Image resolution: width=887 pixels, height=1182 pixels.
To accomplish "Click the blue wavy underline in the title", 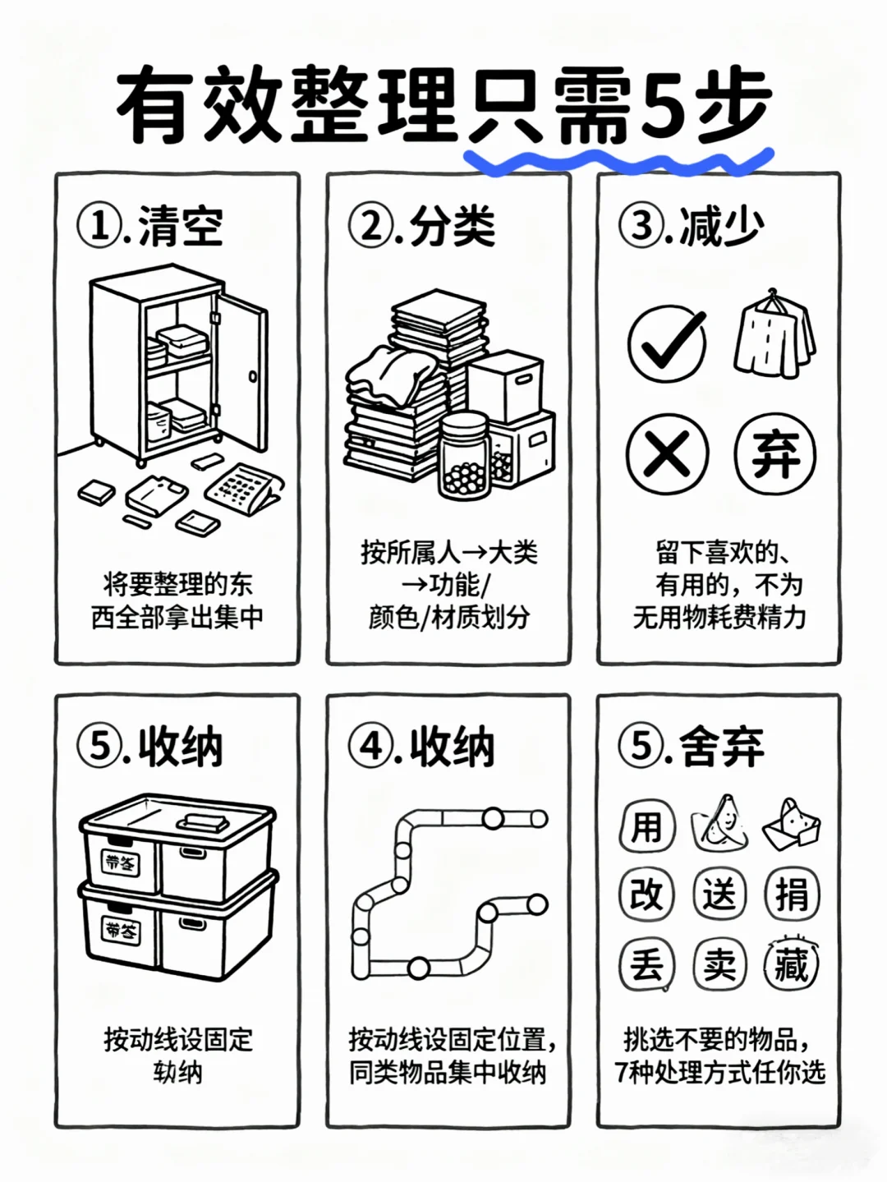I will (x=616, y=161).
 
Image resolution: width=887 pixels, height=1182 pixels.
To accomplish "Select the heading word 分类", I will (x=453, y=225).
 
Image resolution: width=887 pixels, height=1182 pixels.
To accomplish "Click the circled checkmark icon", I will (x=667, y=343).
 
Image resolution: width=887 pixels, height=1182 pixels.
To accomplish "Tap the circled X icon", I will (x=667, y=453).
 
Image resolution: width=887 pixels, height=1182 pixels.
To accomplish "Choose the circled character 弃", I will (x=774, y=453).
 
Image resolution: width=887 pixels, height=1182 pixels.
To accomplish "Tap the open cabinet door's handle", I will (x=252, y=377).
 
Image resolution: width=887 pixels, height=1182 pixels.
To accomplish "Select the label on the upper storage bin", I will (x=121, y=862).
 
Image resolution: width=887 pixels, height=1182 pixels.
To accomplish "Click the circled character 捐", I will (x=792, y=894).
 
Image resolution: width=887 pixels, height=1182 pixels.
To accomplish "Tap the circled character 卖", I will (x=719, y=964).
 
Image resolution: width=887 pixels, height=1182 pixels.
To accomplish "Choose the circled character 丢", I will (x=646, y=964).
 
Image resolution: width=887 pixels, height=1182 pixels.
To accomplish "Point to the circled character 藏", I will (x=792, y=964).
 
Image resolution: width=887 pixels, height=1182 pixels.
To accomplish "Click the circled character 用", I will (x=646, y=826).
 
